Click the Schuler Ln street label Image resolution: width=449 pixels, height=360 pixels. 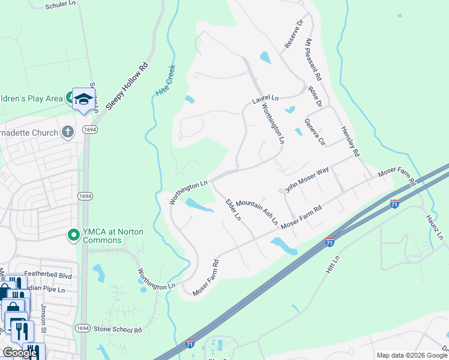(x=60, y=5)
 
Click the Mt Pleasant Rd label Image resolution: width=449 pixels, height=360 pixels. (x=313, y=60)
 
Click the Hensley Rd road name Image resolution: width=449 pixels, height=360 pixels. (x=350, y=142)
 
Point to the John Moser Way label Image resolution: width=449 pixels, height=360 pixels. (x=307, y=179)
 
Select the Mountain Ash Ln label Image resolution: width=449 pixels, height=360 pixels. (x=257, y=212)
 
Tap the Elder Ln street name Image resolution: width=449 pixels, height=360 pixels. (x=233, y=206)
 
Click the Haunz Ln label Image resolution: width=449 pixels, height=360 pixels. (x=434, y=228)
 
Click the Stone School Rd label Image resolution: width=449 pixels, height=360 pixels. (x=117, y=329)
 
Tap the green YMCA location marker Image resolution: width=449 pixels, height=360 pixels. (x=74, y=235)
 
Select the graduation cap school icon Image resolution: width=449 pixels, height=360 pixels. (x=84, y=98)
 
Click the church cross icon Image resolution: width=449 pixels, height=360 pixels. (x=68, y=132)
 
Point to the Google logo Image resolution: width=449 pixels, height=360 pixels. (x=19, y=353)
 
